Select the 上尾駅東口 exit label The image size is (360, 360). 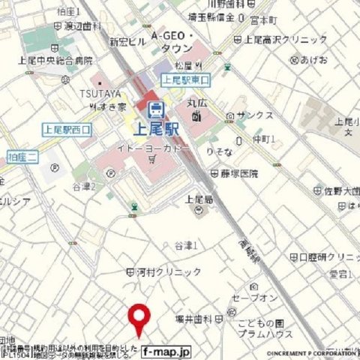click(187, 79)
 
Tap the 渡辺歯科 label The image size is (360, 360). click(82, 25)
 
